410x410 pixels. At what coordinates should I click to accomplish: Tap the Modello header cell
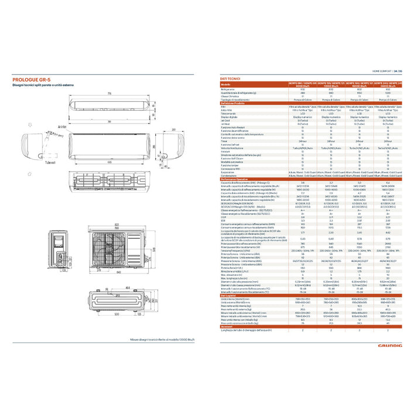point(226,85)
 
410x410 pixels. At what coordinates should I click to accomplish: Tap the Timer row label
point(225,141)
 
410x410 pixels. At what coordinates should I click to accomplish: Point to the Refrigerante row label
point(229,89)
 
